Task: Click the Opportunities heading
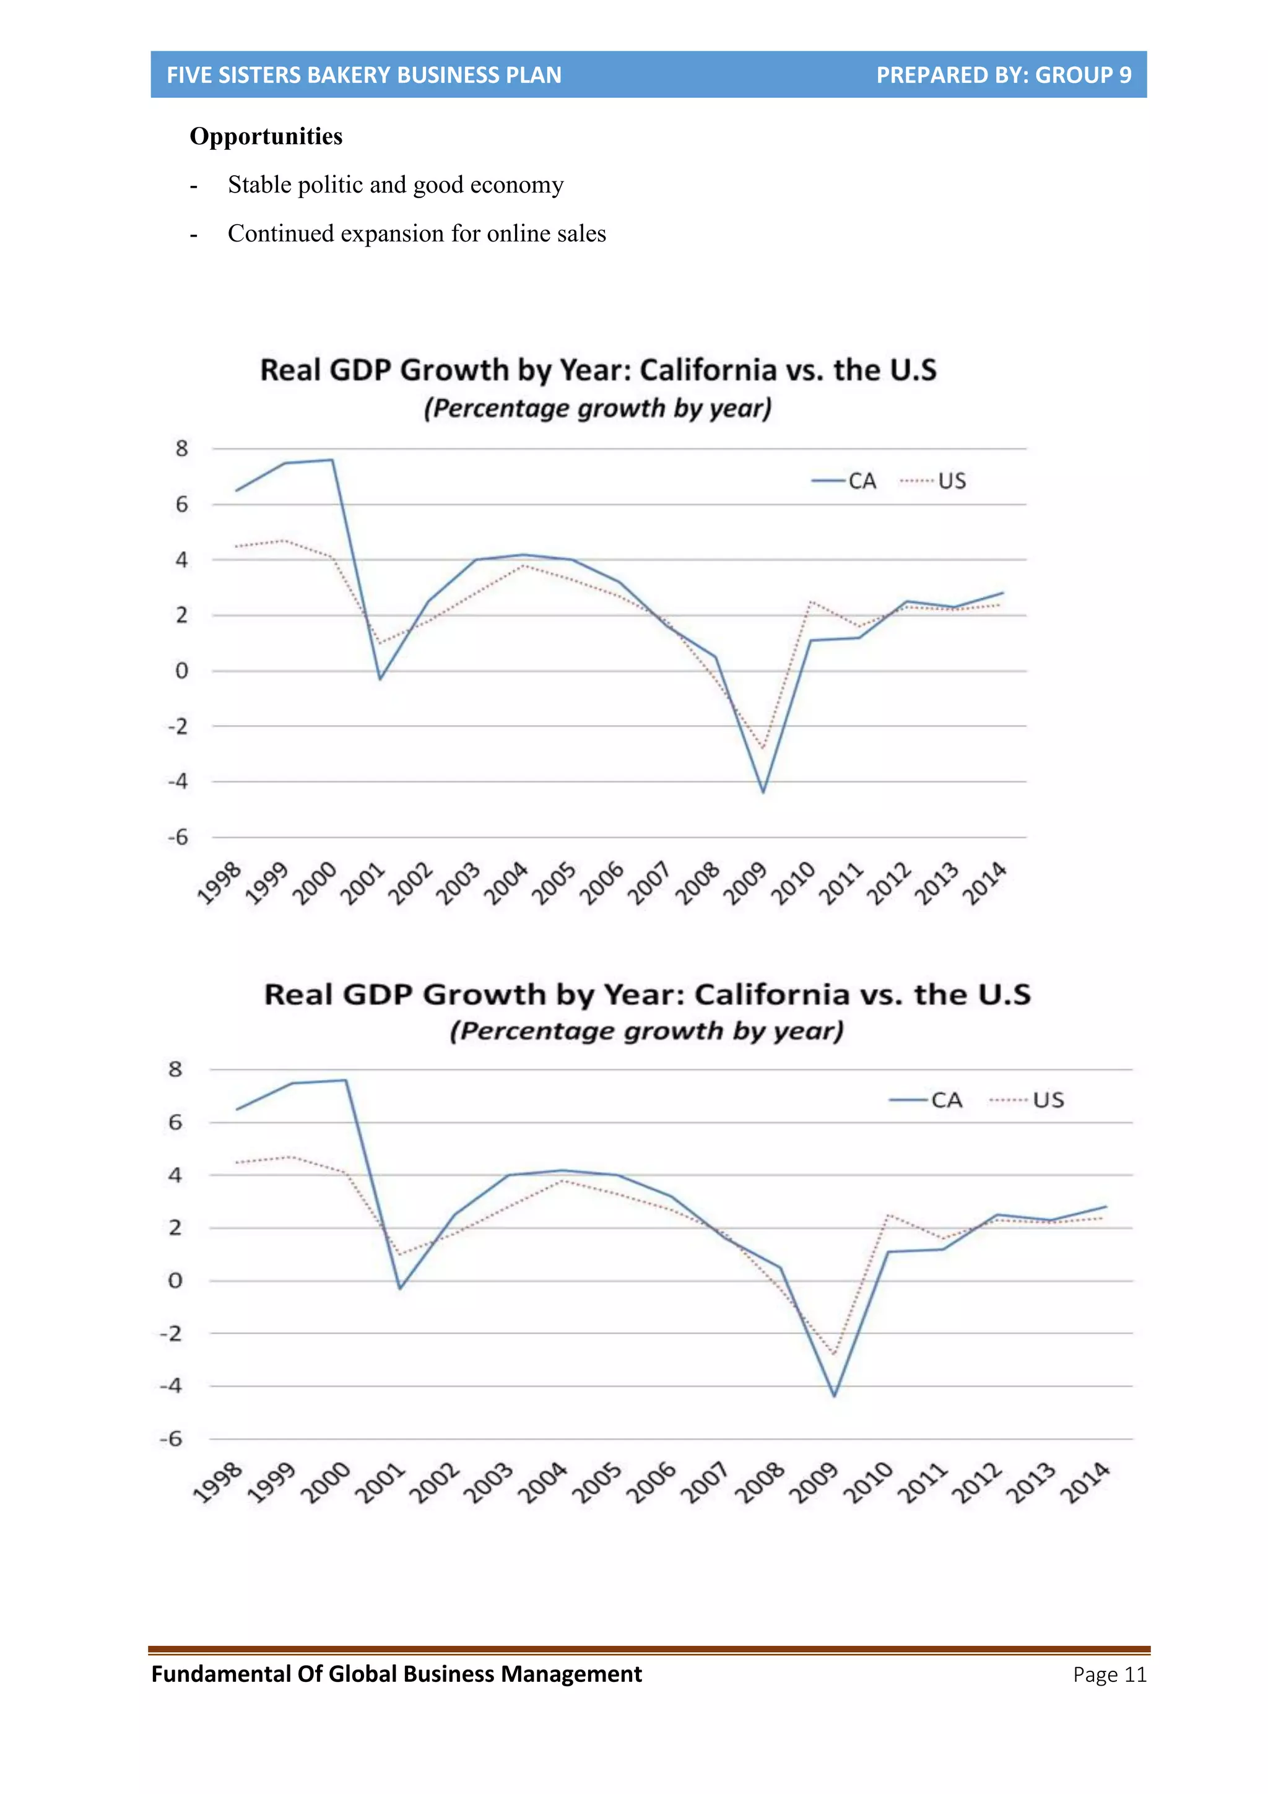pos(266,136)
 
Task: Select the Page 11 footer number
pos(1109,1674)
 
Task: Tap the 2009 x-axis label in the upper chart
pos(746,884)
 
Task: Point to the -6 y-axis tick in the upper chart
pos(179,837)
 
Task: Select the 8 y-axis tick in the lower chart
pos(176,1069)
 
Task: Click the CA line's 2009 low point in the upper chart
pos(763,792)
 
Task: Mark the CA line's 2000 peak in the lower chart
pos(346,1080)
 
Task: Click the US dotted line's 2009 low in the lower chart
pos(833,1354)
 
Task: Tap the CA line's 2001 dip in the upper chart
pos(381,678)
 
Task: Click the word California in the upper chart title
pos(708,370)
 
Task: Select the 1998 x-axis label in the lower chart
pos(218,1483)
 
